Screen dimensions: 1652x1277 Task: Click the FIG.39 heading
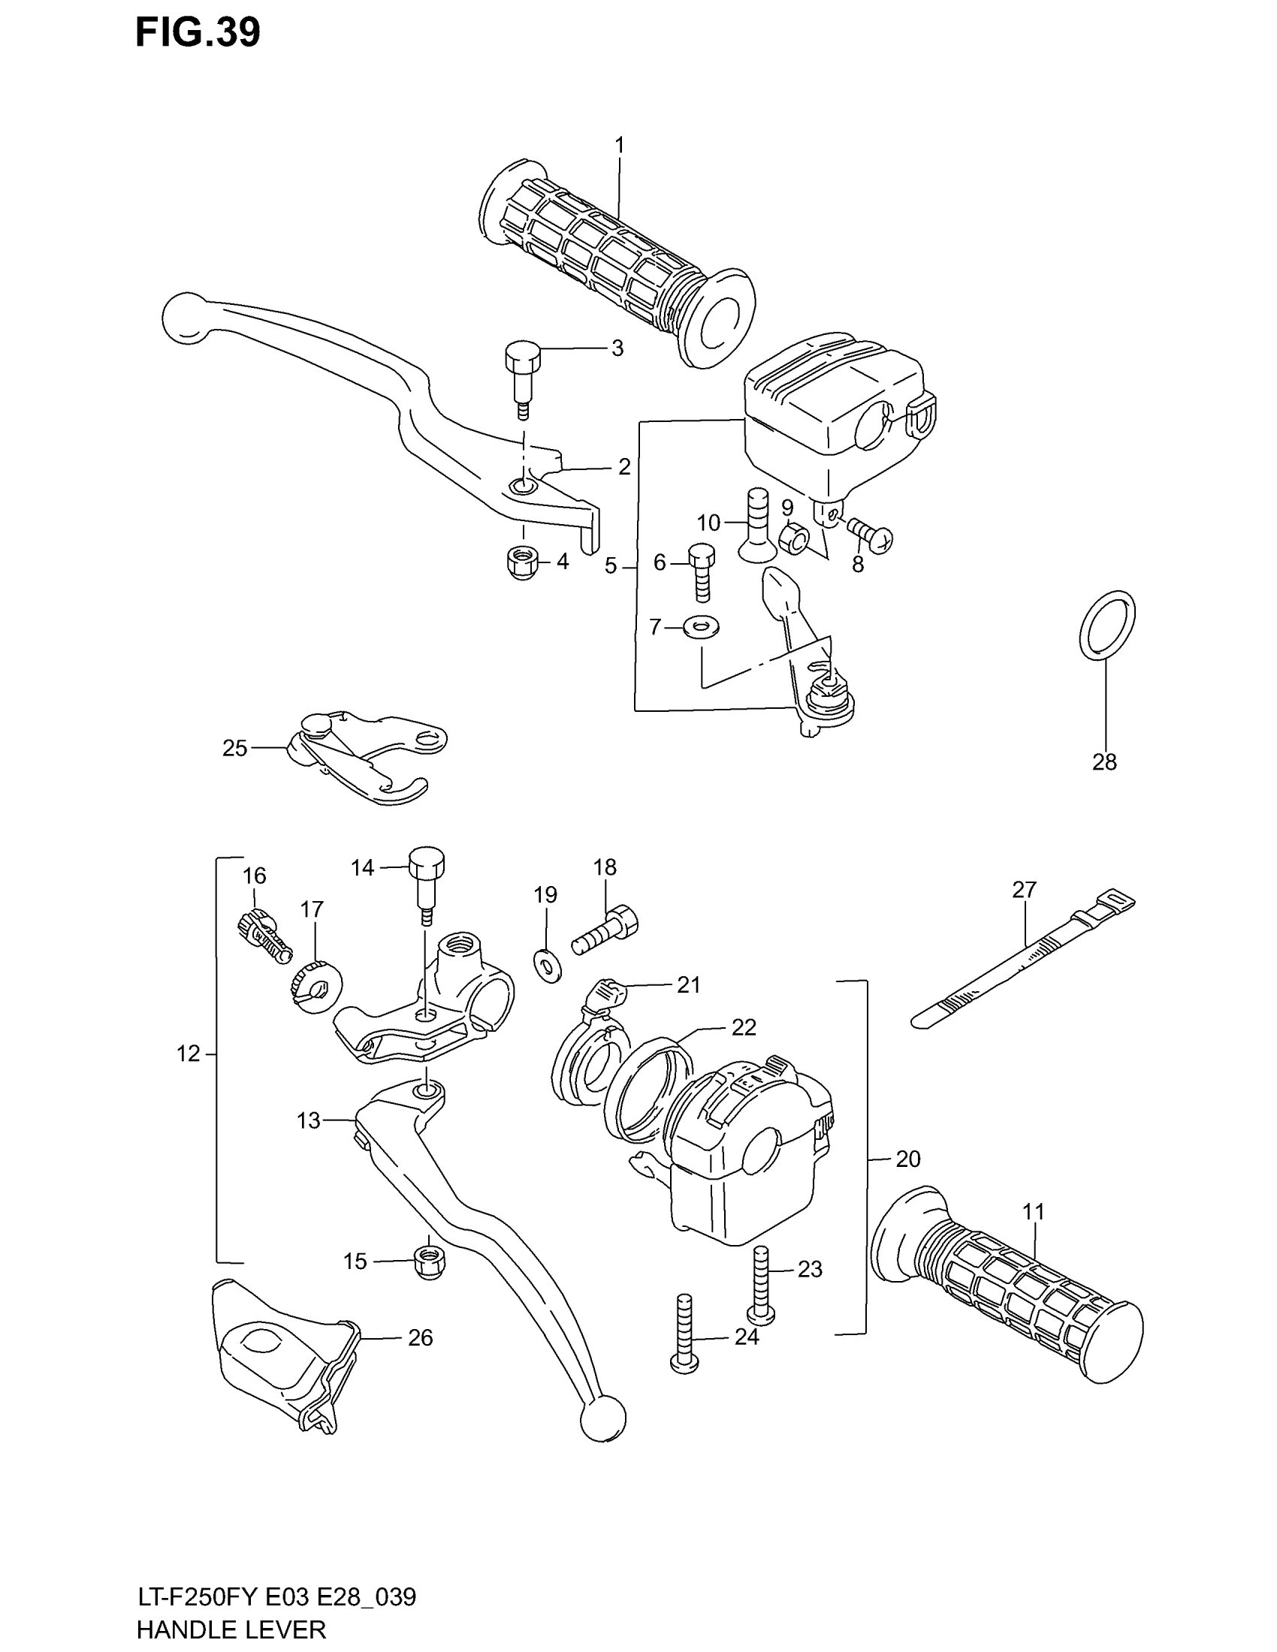pyautogui.click(x=198, y=32)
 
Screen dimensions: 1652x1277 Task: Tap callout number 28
pyautogui.click(x=1103, y=761)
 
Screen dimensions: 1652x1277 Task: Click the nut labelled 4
pyautogui.click(x=521, y=562)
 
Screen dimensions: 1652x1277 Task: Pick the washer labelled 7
pyautogui.click(x=701, y=626)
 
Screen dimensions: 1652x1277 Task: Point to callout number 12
pyautogui.click(x=189, y=1053)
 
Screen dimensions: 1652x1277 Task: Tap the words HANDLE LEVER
pyautogui.click(x=231, y=1629)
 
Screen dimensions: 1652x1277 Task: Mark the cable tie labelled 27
pyautogui.click(x=1022, y=963)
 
